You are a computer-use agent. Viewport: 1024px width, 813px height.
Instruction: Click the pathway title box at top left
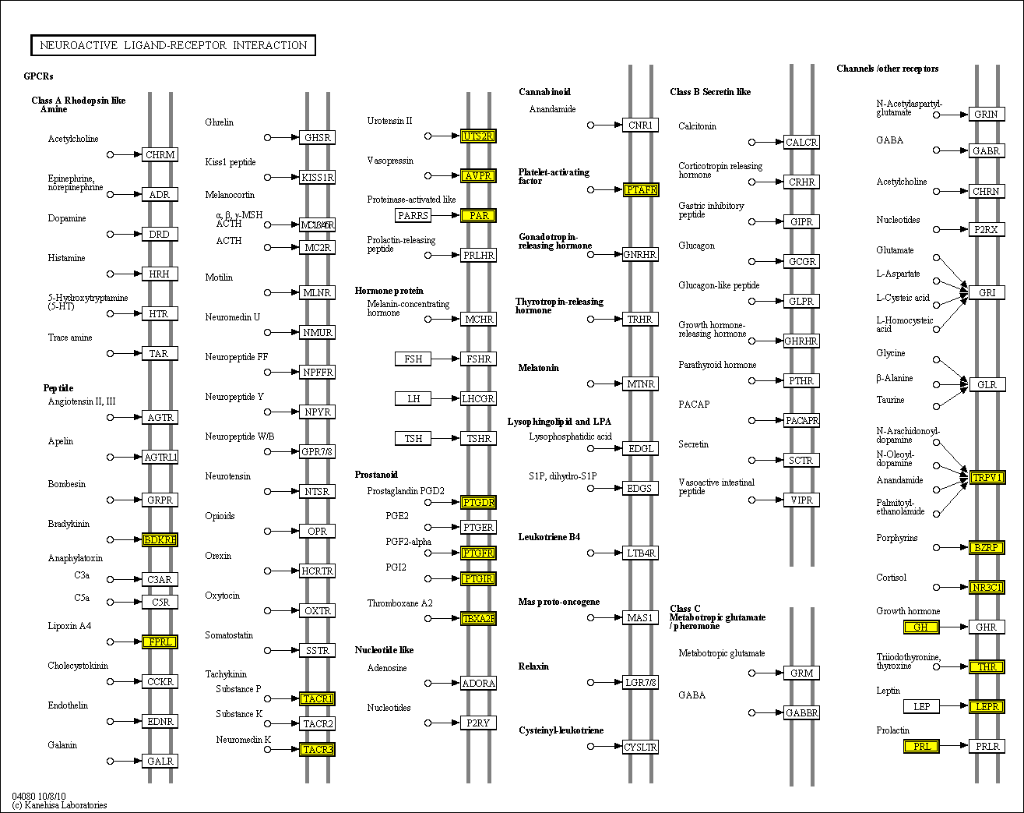(173, 45)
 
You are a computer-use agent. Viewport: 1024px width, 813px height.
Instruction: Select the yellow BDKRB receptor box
(160, 539)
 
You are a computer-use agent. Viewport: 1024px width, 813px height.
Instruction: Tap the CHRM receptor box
(160, 154)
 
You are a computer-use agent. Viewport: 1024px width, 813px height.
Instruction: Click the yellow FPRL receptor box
(160, 642)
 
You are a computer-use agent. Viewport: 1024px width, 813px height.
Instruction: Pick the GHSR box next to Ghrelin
(317, 137)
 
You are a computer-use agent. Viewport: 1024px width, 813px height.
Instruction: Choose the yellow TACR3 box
(317, 749)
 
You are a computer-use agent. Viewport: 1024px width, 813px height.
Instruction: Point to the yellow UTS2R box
(478, 136)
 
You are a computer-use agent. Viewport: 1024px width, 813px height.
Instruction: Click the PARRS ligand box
(413, 215)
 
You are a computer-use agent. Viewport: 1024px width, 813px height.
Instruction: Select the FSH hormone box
(413, 359)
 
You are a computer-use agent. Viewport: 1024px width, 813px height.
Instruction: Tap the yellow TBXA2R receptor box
(478, 618)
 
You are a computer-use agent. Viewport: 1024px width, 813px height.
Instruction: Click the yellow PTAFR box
(641, 189)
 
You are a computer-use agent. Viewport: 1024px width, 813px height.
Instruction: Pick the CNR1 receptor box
(640, 125)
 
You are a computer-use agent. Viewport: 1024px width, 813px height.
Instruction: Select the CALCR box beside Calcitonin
(801, 142)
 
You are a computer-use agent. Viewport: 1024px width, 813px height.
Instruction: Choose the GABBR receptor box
(801, 712)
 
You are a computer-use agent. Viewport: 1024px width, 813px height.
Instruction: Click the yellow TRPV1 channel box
(986, 477)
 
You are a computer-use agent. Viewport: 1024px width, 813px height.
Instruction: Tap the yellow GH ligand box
(921, 627)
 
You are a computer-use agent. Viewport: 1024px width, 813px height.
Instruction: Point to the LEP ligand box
(921, 706)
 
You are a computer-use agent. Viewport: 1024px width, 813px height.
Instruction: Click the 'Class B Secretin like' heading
(710, 92)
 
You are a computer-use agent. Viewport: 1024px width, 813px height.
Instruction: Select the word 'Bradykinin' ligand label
(69, 524)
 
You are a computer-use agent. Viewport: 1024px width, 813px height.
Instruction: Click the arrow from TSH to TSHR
(445, 438)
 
